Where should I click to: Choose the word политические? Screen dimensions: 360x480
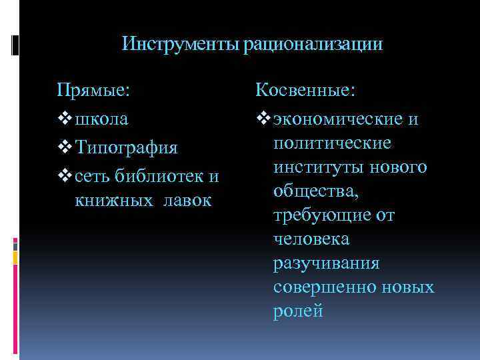(x=332, y=143)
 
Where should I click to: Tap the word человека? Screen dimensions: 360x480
(x=311, y=239)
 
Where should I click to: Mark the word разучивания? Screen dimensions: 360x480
(x=326, y=263)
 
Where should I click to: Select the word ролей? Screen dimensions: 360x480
(x=298, y=311)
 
